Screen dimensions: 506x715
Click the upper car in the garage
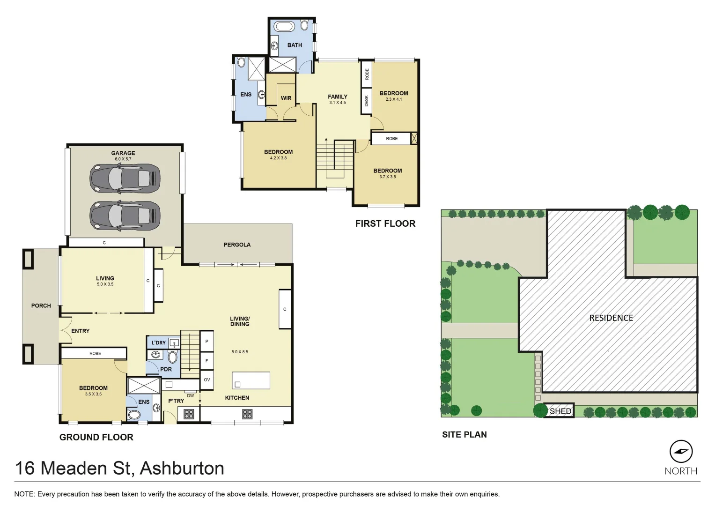coord(125,179)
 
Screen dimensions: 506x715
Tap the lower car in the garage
coord(125,216)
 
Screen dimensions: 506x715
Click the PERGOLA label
coord(237,245)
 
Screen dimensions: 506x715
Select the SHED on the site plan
coord(560,411)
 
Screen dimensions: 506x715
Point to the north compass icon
coord(681,452)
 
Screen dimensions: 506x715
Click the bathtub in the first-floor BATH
coord(284,26)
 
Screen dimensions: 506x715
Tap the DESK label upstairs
coord(367,101)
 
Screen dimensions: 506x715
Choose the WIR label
coord(286,98)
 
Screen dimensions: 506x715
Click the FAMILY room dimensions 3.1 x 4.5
coord(337,103)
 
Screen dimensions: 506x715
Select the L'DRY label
coord(159,342)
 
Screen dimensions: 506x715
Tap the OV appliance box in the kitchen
coord(207,380)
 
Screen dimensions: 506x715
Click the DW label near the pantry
coord(191,396)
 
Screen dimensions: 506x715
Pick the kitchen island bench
coord(251,380)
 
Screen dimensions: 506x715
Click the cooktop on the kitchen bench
coord(247,414)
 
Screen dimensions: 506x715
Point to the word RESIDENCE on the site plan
coord(611,318)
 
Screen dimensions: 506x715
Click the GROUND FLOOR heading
coord(96,437)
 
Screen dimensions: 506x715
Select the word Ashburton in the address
coord(182,468)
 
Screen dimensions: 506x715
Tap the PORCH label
coord(41,305)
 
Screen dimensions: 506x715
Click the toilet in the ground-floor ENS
coord(134,415)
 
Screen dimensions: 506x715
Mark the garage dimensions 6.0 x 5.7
coord(123,159)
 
